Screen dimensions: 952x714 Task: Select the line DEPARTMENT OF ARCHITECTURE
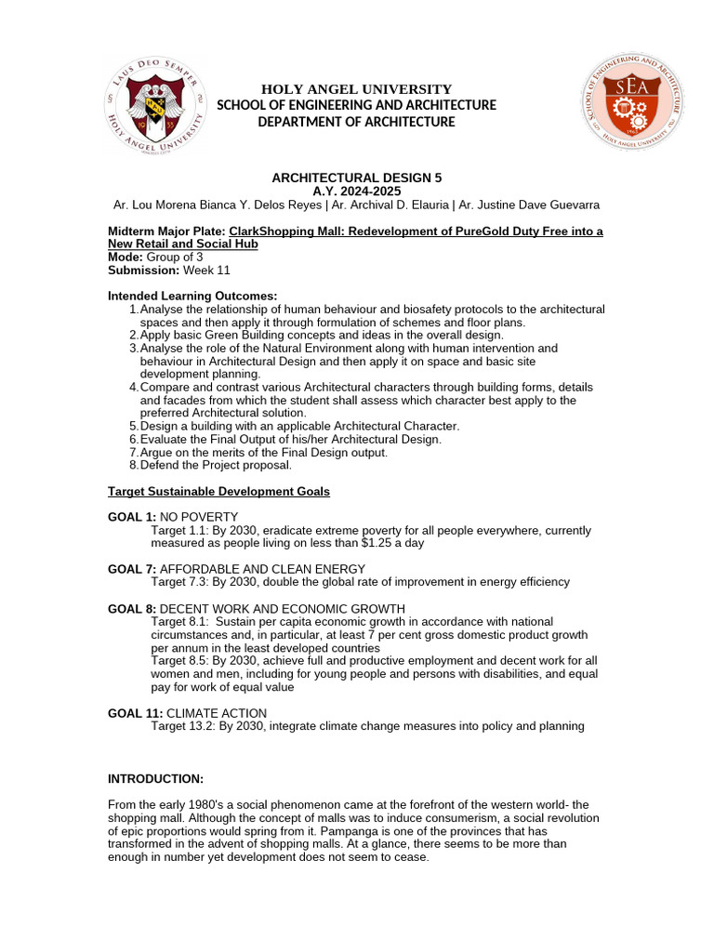pos(356,122)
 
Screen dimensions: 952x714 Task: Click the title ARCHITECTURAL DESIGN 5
pos(356,178)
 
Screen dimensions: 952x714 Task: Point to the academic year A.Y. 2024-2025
pos(356,191)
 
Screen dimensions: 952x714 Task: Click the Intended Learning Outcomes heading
pos(192,296)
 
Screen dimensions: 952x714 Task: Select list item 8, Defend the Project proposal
pos(216,465)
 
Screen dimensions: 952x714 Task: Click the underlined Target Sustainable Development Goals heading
pos(218,491)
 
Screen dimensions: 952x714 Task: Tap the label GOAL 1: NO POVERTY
pos(173,517)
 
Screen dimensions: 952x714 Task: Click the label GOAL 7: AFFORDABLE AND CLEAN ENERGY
pos(236,569)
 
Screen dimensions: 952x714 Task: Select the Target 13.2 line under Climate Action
pos(367,726)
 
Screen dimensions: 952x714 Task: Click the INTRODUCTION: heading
pos(155,778)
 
